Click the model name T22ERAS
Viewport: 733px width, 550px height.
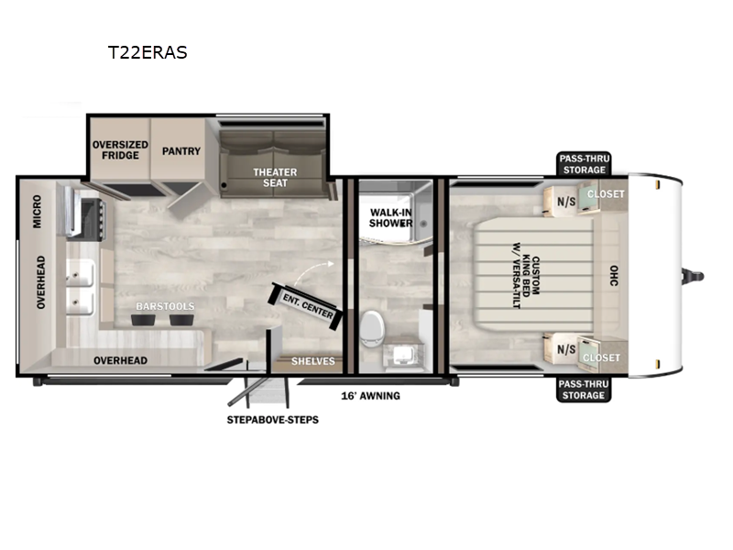[x=148, y=52]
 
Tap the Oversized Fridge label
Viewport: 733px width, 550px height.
[x=120, y=150]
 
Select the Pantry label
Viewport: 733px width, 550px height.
[x=181, y=151]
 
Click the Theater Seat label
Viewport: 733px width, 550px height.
[x=275, y=178]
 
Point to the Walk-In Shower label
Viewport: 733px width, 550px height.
[x=391, y=218]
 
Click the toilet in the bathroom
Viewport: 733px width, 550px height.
[x=372, y=328]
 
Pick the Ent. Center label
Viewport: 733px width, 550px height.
[x=308, y=306]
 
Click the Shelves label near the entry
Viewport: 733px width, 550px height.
[x=313, y=361]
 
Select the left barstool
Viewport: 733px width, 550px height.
[x=143, y=320]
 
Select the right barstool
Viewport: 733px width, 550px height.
[x=181, y=320]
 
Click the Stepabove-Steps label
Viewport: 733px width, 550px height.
[x=272, y=420]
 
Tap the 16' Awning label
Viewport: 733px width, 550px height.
[x=371, y=396]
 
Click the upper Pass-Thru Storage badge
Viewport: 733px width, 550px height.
[x=585, y=164]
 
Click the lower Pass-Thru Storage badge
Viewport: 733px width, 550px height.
[x=584, y=390]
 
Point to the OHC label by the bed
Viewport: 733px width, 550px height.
[x=614, y=276]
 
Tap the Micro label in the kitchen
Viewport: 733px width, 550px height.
[x=37, y=212]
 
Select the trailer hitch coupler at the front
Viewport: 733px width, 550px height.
[x=693, y=276]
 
